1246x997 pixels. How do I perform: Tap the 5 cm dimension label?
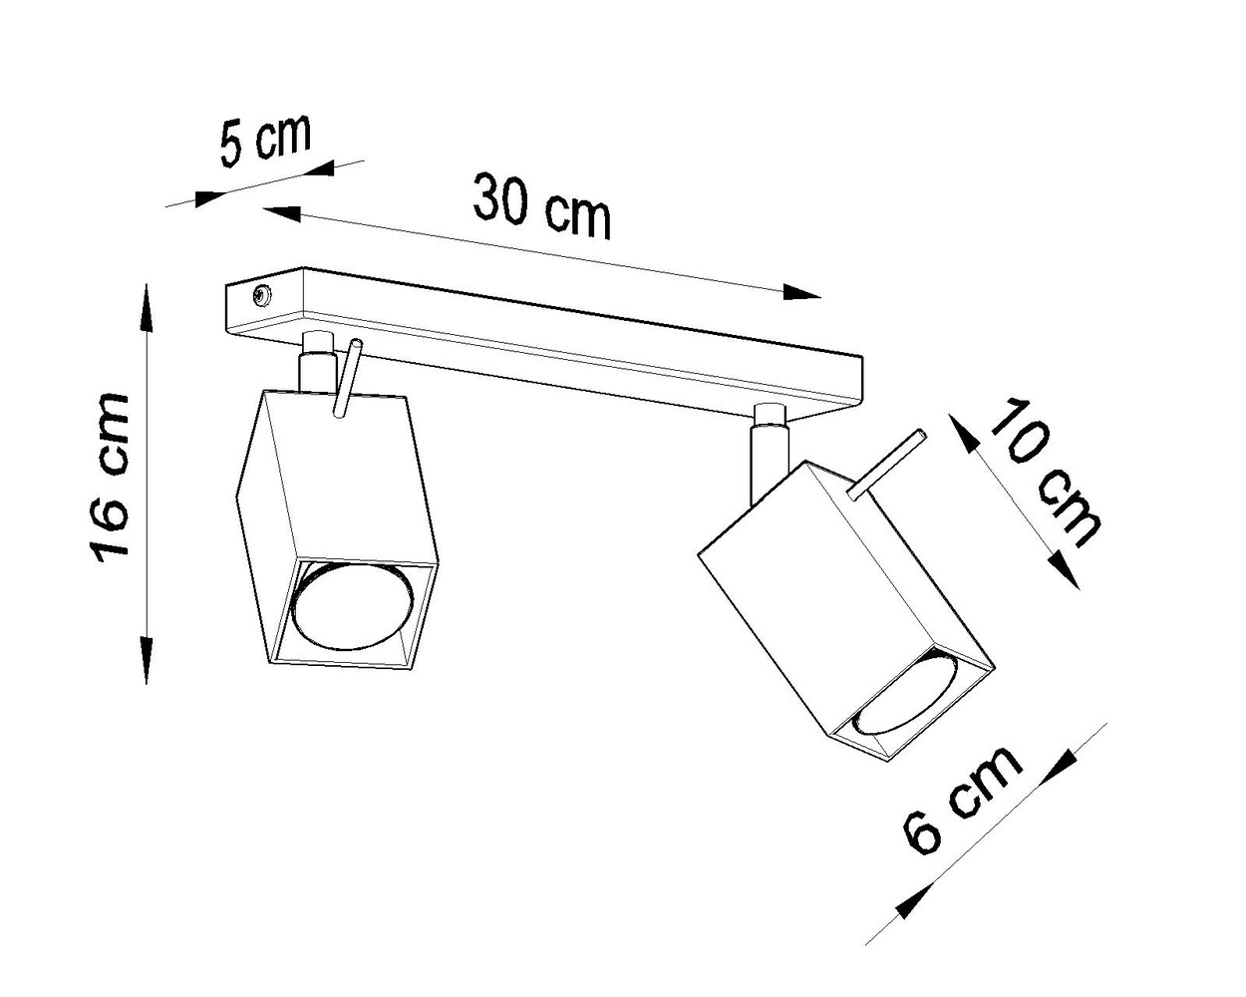[265, 143]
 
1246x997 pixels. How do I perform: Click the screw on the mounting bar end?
[261, 294]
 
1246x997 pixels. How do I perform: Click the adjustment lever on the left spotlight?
[348, 379]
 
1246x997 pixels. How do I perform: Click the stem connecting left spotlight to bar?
[314, 364]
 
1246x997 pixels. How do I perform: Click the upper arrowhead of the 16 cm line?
[148, 304]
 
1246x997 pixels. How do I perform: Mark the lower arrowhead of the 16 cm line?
[148, 663]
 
